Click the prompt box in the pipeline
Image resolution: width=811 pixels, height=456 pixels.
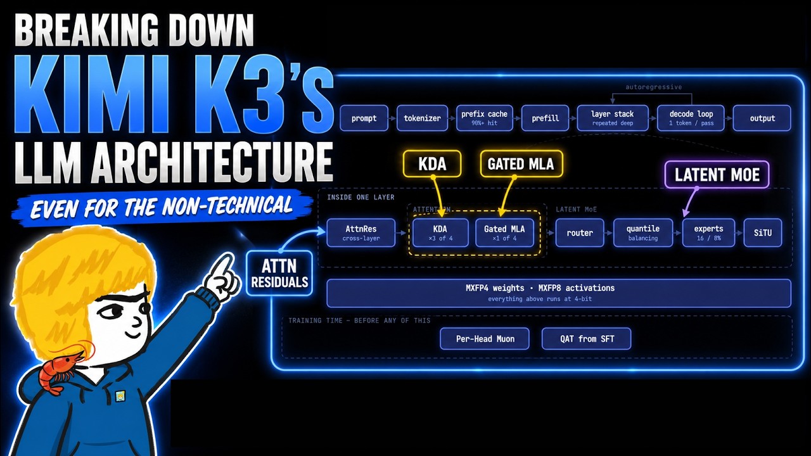[x=364, y=118]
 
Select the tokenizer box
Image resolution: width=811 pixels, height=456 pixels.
[x=422, y=118]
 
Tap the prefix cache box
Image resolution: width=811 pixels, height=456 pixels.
[x=485, y=118]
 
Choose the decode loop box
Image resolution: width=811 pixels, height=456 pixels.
[x=691, y=118]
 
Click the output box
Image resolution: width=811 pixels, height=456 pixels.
[x=762, y=118]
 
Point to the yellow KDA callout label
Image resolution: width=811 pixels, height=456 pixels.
[x=432, y=164]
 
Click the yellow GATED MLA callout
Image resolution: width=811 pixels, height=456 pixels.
[x=521, y=164]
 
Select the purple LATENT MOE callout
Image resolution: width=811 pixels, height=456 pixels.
[x=717, y=175]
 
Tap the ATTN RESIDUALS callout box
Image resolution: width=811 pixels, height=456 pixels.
[x=279, y=273]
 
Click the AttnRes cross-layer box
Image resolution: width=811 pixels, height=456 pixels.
[x=361, y=232]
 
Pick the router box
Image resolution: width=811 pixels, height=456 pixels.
[x=580, y=232]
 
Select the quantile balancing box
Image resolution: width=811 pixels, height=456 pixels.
[x=643, y=232]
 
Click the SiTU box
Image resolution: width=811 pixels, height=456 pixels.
[x=763, y=232]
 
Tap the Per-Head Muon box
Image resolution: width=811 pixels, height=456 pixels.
[x=485, y=339]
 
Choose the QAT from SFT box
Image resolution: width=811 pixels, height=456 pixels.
[x=587, y=339]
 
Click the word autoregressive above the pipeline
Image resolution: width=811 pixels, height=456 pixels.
[x=653, y=87]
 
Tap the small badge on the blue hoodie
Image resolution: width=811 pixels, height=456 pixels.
[x=120, y=396]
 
